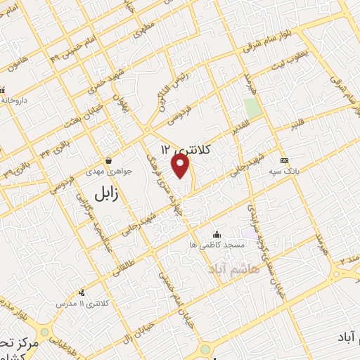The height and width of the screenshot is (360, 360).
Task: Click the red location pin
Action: pyautogui.click(x=181, y=165)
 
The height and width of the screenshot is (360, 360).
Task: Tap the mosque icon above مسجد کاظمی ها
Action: pyautogui.click(x=217, y=234)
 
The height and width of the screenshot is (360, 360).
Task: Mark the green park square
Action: pyautogui.click(x=251, y=108)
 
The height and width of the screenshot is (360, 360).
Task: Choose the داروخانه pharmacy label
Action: pyautogui.click(x=13, y=99)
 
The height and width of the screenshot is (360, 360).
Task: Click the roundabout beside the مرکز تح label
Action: pyautogui.click(x=46, y=331)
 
